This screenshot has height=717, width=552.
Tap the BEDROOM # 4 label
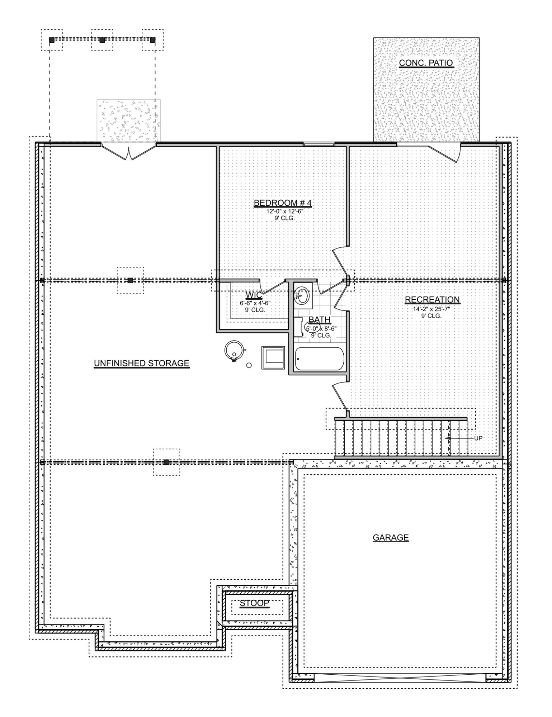(283, 203)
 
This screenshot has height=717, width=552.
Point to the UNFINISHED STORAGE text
(141, 363)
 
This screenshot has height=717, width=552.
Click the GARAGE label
(391, 537)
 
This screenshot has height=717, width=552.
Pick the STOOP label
(254, 603)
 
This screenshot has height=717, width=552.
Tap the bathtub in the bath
(319, 358)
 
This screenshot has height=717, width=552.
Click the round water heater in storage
(234, 349)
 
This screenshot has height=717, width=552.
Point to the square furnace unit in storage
(273, 357)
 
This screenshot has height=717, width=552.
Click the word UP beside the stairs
(478, 438)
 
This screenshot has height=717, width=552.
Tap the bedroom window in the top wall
(319, 144)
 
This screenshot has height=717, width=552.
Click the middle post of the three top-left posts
(102, 40)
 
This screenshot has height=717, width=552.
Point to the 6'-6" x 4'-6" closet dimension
(255, 303)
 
